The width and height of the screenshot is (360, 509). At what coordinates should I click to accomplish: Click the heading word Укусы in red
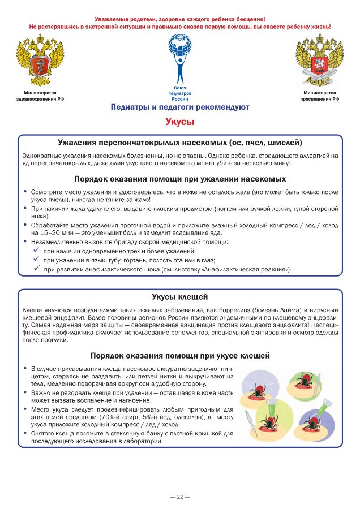[x=179, y=121]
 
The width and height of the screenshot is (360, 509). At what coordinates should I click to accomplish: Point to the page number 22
[x=179, y=497]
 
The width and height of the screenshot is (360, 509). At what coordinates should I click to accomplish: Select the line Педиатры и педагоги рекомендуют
[x=179, y=107]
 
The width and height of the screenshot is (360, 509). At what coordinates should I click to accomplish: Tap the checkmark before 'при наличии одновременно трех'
[x=36, y=251]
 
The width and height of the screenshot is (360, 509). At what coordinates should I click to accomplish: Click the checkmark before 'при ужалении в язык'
[x=36, y=260]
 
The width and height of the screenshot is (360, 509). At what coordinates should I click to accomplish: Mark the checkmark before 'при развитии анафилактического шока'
[x=36, y=269]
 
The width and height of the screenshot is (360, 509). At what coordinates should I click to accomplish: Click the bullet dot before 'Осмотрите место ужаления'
[x=25, y=192]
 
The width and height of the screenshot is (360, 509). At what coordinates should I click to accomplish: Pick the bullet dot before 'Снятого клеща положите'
[x=25, y=433]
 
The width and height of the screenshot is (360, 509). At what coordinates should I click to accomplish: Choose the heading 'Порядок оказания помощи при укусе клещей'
[x=179, y=355]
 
